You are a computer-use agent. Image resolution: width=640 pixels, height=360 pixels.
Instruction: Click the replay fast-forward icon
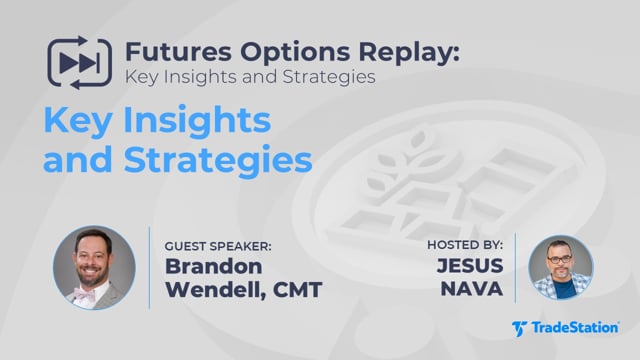point(79,63)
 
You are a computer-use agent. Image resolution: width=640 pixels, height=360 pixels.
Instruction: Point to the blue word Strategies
point(218,160)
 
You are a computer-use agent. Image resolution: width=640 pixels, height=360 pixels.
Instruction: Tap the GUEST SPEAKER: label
point(218,246)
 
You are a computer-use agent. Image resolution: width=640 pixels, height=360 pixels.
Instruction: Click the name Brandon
point(213,267)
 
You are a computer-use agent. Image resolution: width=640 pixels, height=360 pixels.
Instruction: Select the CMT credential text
point(297,290)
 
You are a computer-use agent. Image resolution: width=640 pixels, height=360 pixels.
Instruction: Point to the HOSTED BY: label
point(465,245)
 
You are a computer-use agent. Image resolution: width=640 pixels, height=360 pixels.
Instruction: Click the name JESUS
point(470,266)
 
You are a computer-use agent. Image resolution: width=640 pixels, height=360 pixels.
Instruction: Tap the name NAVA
point(472,289)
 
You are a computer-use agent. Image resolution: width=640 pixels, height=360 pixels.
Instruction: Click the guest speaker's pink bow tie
point(84,293)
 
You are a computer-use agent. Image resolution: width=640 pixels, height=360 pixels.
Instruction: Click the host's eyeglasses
point(560,259)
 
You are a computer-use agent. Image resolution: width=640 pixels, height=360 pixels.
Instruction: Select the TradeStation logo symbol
point(520,329)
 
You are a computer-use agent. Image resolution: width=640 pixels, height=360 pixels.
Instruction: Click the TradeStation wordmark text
point(575,328)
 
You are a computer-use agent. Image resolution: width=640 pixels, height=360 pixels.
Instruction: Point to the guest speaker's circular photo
point(94,268)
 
